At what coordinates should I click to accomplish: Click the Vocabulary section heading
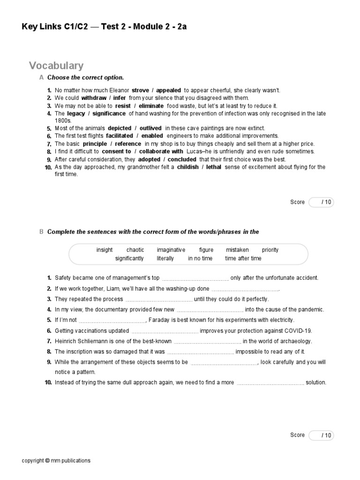(x=56, y=66)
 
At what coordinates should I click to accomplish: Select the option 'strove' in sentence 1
(x=140, y=90)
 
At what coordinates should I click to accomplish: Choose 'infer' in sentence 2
(x=120, y=98)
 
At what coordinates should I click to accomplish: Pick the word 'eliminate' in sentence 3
(x=152, y=106)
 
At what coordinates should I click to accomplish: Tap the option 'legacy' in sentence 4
(x=76, y=113)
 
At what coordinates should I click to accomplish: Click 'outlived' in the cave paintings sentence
(x=150, y=128)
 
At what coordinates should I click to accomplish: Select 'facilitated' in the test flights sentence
(x=120, y=136)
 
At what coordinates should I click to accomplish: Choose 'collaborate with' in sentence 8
(x=161, y=151)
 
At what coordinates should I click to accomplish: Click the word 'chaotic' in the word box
(x=135, y=250)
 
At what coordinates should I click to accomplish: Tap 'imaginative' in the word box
(x=171, y=250)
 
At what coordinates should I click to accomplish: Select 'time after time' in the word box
(x=243, y=258)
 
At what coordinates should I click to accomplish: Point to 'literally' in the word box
(x=165, y=258)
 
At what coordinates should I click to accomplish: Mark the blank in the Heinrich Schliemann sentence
(x=207, y=342)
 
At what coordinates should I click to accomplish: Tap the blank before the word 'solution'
(x=270, y=383)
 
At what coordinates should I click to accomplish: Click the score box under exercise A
(x=321, y=202)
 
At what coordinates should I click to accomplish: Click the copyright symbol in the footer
(x=47, y=461)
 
